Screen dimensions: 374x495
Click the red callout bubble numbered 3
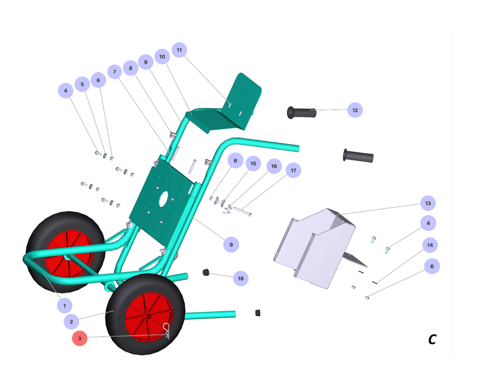(x=80, y=338)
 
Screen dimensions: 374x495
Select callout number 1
(x=65, y=306)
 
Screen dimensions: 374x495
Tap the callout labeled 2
(x=71, y=321)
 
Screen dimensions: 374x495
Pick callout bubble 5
(x=82, y=84)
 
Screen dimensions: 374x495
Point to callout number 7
(x=114, y=72)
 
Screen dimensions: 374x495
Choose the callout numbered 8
(x=131, y=68)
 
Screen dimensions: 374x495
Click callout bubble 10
(x=162, y=57)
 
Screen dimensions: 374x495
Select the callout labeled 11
(x=179, y=50)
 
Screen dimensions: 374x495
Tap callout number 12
(x=355, y=110)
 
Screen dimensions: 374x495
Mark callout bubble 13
(x=428, y=203)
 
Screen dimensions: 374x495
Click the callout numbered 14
(x=430, y=245)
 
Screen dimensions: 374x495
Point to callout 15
(x=253, y=163)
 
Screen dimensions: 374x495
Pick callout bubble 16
(x=274, y=166)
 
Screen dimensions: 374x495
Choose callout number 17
(x=293, y=170)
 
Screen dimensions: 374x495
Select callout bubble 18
(x=240, y=278)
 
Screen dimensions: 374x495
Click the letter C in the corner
(x=432, y=339)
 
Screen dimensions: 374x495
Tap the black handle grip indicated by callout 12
(x=302, y=113)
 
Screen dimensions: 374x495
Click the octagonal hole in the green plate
(x=163, y=199)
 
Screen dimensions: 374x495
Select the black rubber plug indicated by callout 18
(x=206, y=273)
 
